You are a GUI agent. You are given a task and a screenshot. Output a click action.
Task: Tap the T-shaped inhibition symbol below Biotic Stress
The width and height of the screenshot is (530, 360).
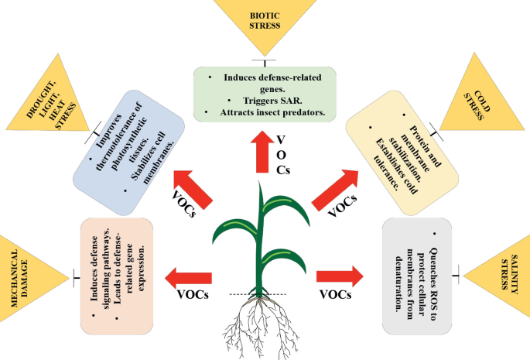[265, 60]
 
